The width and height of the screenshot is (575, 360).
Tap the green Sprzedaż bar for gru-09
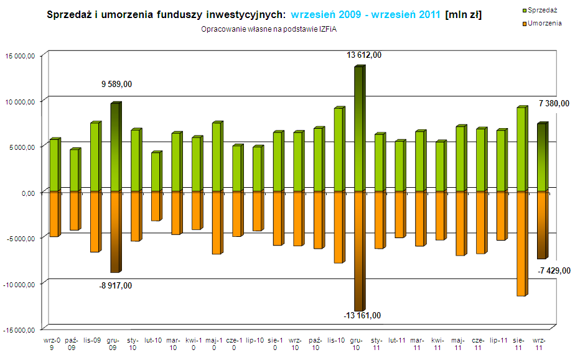tap(115, 147)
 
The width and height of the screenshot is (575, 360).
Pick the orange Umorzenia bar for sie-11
tap(521, 242)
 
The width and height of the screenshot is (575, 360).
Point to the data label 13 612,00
tap(364, 55)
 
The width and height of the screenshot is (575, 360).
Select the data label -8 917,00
tap(117, 285)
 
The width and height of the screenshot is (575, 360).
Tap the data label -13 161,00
tap(362, 315)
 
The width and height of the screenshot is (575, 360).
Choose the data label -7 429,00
tap(553, 270)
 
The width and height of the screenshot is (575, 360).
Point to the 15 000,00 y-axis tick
tap(21, 56)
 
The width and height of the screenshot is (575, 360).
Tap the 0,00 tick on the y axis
tap(29, 193)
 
